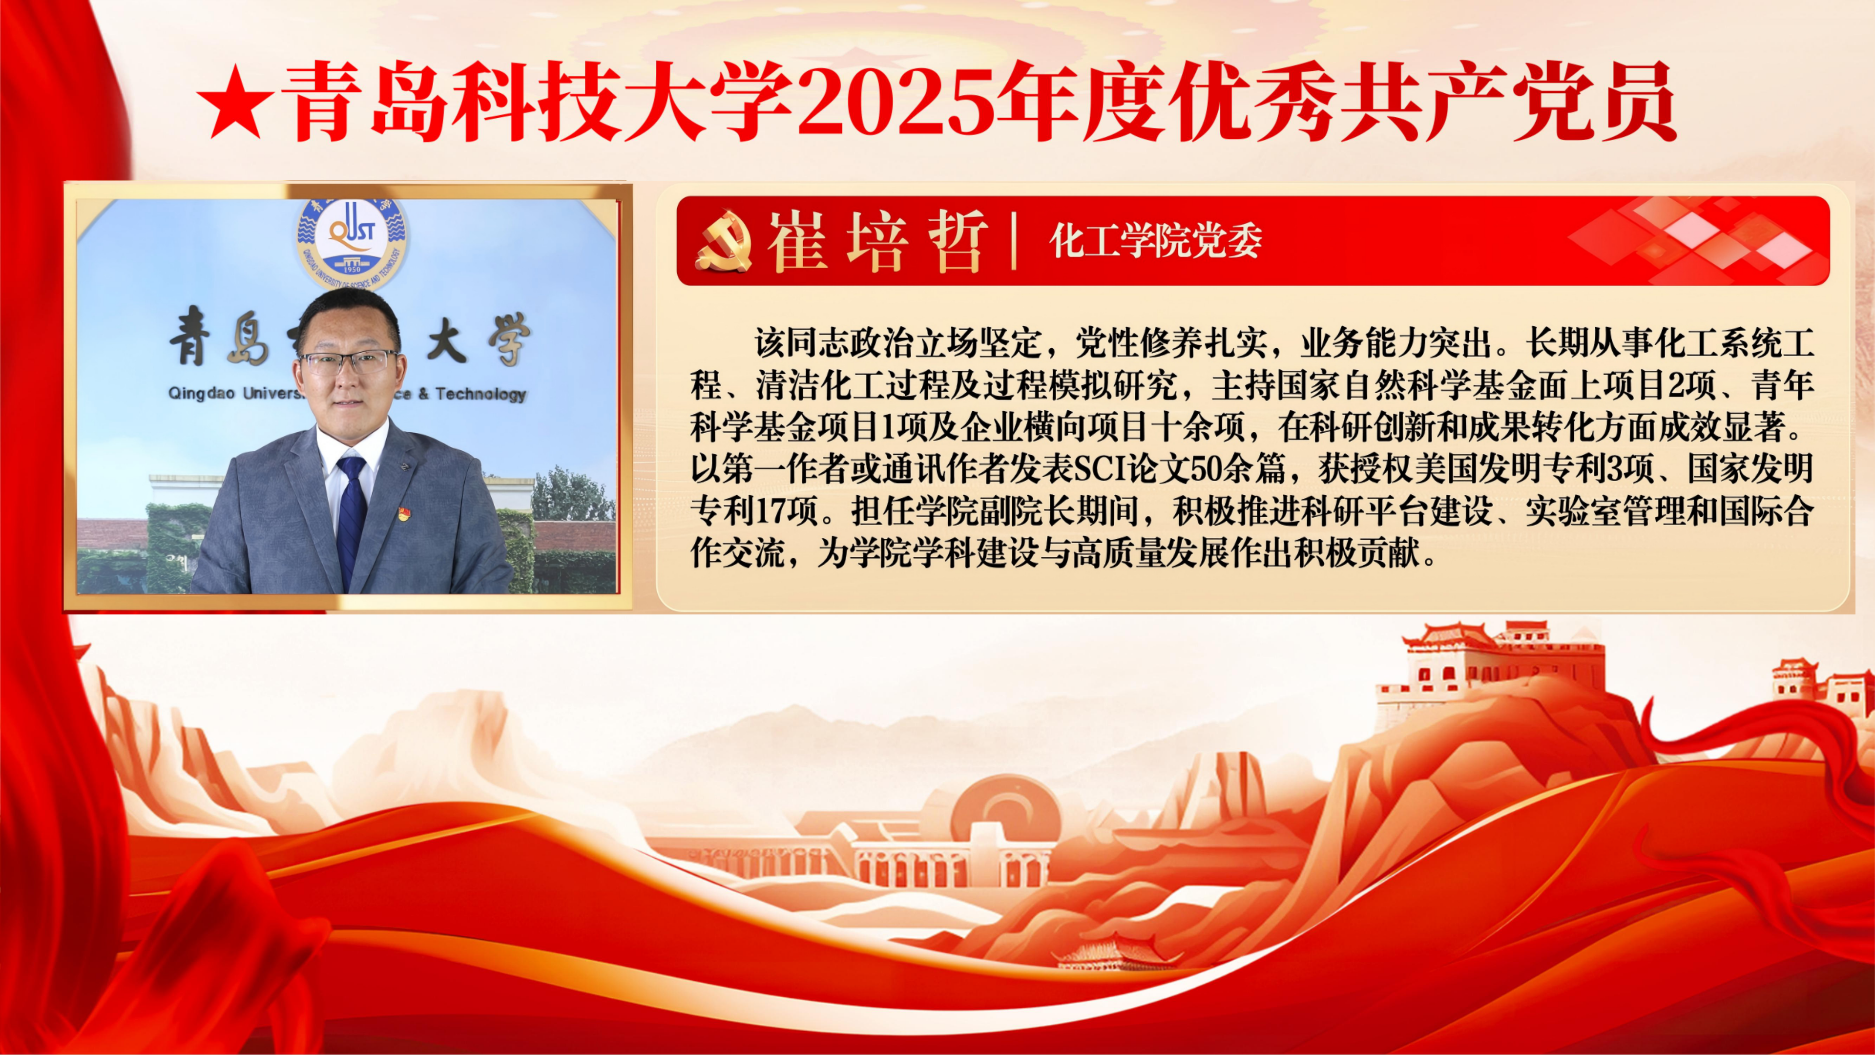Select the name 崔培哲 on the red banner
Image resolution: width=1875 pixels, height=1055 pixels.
click(878, 241)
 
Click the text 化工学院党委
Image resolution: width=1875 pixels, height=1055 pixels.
click(1156, 241)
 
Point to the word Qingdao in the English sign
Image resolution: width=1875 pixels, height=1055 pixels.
click(202, 394)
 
